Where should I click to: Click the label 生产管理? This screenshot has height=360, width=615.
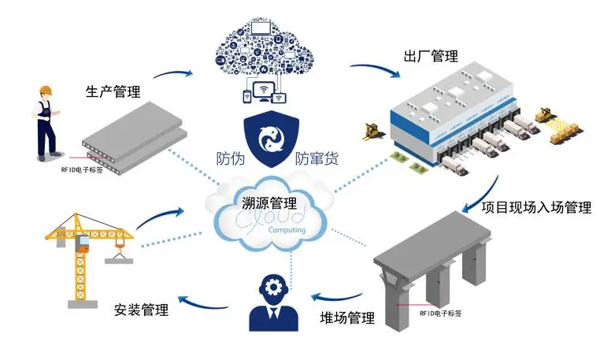coord(112,91)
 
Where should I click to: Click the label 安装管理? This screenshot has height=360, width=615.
coord(142,310)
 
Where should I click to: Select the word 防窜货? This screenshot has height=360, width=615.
coord(317,158)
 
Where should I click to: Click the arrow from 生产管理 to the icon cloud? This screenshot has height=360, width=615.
coord(173,75)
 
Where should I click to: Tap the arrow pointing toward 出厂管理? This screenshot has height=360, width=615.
coord(376,71)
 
